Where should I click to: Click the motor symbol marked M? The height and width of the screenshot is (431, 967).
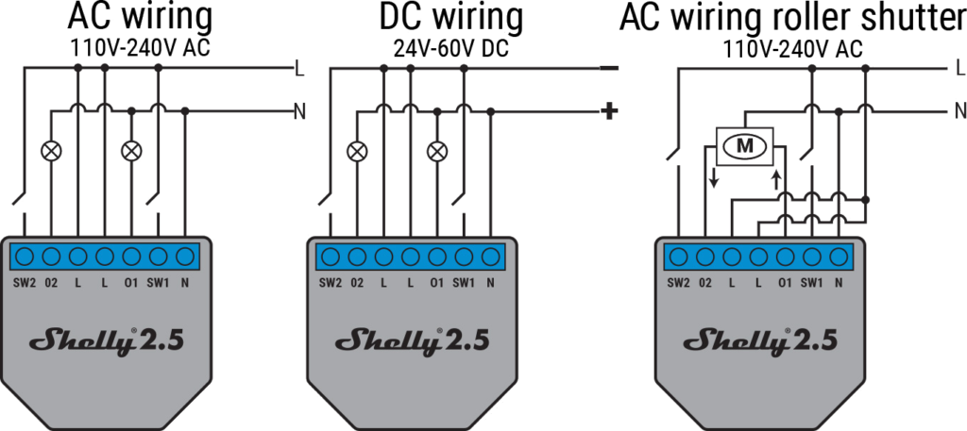pos(746,145)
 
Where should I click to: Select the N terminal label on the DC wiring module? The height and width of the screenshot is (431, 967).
pos(490,283)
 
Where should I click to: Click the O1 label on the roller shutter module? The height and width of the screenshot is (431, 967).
pos(785,283)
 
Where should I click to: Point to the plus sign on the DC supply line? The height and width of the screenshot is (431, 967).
pos(609,111)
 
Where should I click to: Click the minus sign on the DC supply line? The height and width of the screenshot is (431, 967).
pos(609,68)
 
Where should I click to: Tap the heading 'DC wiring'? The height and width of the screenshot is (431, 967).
pos(450,17)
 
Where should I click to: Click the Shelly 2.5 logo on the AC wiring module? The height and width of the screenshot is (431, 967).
pos(105,340)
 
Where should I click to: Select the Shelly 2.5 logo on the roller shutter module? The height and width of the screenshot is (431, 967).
pos(758,340)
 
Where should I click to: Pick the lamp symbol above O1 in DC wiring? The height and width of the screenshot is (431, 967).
pos(435,149)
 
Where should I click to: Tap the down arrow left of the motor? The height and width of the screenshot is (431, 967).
pos(714,175)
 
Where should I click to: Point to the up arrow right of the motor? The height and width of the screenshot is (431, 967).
pos(777,179)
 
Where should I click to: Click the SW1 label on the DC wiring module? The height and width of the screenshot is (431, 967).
pos(463,283)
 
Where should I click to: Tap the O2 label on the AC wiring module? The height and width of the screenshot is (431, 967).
pos(52,283)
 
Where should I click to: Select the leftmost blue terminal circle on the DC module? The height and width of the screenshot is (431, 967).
pos(331,257)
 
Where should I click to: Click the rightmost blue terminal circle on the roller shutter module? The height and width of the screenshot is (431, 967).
pos(838,257)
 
